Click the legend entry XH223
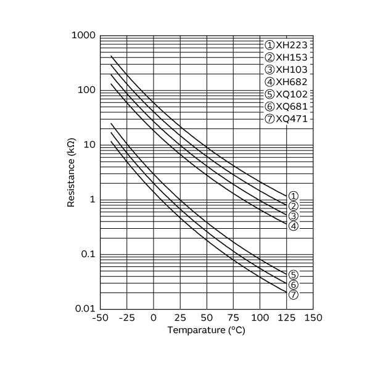[287, 45]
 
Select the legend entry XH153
[287, 57]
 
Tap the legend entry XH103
[287, 70]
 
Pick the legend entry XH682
[287, 82]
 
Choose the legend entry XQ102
[287, 94]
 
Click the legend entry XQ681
[287, 107]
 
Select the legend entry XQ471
[287, 119]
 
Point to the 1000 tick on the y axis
[83, 36]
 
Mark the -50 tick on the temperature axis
[100, 318]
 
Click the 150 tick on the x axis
[313, 318]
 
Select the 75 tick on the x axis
[233, 318]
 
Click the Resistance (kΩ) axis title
[72, 173]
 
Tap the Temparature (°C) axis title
[207, 331]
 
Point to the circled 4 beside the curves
[294, 226]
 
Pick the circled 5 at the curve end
[294, 275]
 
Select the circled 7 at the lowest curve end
[294, 295]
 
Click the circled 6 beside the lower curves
[294, 285]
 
